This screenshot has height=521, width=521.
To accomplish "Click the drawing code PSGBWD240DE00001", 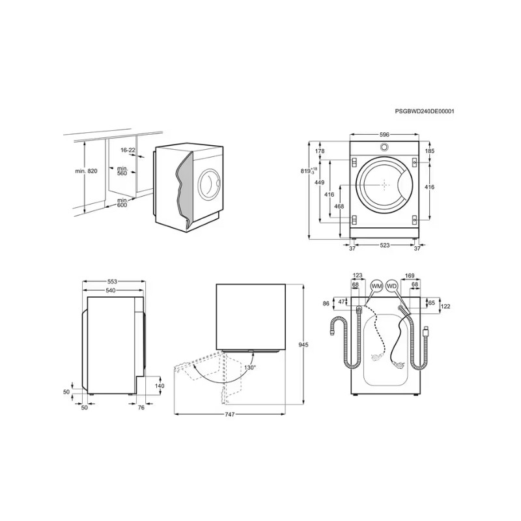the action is pyautogui.click(x=425, y=111).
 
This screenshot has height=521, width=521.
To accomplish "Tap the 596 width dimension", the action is pyautogui.click(x=384, y=135).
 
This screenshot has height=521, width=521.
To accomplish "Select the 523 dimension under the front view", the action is pyautogui.click(x=384, y=246).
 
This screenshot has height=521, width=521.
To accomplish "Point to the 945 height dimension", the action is pyautogui.click(x=303, y=345).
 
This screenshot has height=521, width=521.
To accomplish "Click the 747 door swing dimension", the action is pyautogui.click(x=230, y=414).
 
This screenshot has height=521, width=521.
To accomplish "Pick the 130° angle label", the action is pyautogui.click(x=250, y=368).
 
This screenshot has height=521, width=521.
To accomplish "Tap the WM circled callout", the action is pyautogui.click(x=376, y=286).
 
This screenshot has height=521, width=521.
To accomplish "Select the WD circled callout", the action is pyautogui.click(x=392, y=286).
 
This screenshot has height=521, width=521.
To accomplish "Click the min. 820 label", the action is pyautogui.click(x=86, y=171).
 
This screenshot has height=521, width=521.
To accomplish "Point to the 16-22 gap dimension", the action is pyautogui.click(x=128, y=150).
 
